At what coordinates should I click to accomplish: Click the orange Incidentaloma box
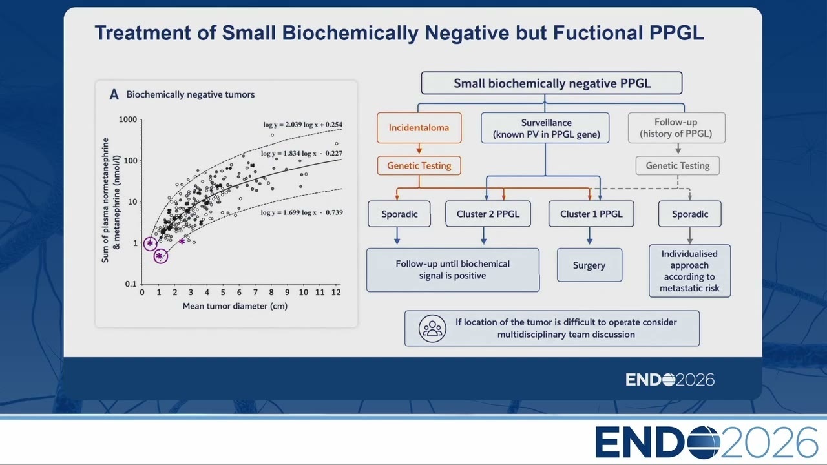(419, 128)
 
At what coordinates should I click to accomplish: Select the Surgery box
(589, 265)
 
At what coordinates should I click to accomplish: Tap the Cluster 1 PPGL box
(591, 214)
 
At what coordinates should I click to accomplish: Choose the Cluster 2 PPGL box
(488, 214)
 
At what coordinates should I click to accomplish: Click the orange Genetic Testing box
(419, 165)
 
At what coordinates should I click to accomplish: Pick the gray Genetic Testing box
(678, 165)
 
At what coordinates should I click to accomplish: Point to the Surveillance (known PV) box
(545, 128)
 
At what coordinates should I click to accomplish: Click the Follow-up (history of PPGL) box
(676, 128)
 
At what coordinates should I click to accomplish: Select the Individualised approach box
(689, 271)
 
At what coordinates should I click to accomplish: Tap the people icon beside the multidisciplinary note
(432, 329)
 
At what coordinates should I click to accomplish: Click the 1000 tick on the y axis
(128, 119)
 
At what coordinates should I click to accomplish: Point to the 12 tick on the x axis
(336, 293)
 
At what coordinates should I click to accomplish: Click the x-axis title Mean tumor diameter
(235, 306)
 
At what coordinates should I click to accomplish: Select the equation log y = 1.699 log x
(302, 212)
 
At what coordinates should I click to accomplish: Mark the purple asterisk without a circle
(182, 242)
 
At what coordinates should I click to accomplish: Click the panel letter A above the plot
(114, 94)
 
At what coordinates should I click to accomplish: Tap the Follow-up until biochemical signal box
(453, 270)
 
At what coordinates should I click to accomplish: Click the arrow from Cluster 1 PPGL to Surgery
(590, 236)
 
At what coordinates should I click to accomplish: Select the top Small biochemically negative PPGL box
(552, 83)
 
